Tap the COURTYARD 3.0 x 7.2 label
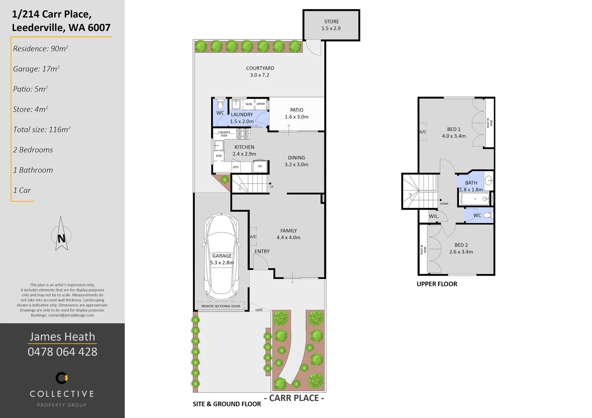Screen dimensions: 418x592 (x=260, y=72)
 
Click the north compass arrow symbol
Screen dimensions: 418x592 (x=61, y=235)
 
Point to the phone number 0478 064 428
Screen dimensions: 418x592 (x=62, y=352)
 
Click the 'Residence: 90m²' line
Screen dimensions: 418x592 (x=41, y=49)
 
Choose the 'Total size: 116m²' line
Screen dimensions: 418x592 (x=42, y=130)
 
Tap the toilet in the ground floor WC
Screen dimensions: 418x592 (x=220, y=105)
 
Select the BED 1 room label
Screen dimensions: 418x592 (x=454, y=132)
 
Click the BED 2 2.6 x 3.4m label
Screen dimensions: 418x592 (x=461, y=248)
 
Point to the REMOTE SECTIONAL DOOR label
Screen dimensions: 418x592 (x=221, y=306)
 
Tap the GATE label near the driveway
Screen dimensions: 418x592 (x=259, y=310)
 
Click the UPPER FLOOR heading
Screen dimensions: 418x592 (x=437, y=284)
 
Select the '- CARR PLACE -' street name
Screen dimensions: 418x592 (x=294, y=398)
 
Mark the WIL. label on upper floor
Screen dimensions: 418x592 (x=434, y=216)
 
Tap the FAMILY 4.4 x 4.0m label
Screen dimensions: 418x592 (x=288, y=234)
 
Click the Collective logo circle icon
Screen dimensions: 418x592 (x=62, y=378)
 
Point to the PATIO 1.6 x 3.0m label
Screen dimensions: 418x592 (x=297, y=113)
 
